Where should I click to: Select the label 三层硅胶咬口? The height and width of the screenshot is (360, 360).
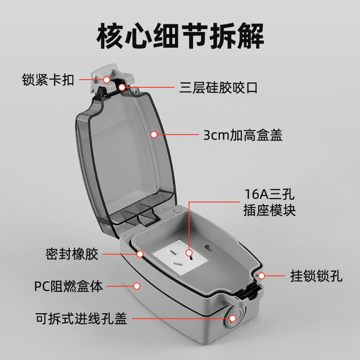tap(219, 87)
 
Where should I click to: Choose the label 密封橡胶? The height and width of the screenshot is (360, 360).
tap(72, 254)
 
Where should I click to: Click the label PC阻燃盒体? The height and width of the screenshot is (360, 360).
tap(69, 286)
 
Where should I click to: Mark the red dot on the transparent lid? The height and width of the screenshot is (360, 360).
tap(153, 134)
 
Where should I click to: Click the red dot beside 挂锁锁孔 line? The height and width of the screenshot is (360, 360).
tap(261, 275)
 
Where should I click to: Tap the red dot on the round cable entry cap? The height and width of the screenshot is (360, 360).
tap(233, 319)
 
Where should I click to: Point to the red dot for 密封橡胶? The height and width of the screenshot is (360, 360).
tap(140, 254)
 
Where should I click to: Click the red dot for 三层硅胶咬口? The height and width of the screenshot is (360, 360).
tap(122, 86)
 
